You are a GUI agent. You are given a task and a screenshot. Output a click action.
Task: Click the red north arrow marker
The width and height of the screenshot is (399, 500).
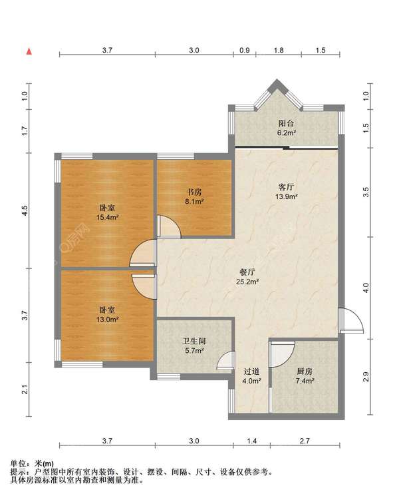point(29,51)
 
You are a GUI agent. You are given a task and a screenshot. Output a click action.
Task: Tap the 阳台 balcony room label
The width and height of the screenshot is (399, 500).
point(286,123)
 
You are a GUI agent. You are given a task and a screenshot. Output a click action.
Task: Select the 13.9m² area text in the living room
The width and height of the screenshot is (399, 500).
point(286,196)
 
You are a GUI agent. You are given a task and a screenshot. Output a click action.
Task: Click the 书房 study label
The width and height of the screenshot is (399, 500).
point(194,192)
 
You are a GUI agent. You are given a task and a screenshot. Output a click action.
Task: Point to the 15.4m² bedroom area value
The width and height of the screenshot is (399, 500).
point(108,218)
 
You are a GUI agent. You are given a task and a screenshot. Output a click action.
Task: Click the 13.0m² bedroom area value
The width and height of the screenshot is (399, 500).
point(108,319)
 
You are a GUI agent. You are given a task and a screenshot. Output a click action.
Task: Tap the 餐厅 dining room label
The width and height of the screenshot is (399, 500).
point(247,272)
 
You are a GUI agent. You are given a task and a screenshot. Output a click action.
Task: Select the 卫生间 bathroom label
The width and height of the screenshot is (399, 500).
point(194,341)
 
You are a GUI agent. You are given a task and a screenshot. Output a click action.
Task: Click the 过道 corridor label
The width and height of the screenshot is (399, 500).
point(251,372)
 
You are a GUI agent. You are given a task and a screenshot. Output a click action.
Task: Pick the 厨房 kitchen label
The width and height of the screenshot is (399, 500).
point(305,372)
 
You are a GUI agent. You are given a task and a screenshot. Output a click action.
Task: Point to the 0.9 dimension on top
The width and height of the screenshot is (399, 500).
point(244,51)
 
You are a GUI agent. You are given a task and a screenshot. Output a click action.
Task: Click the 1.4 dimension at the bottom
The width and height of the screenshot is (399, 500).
point(251,441)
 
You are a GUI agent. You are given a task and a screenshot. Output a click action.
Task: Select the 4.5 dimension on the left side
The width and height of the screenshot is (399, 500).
point(25,210)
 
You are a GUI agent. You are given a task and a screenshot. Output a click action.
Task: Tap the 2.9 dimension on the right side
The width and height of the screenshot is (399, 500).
point(366,377)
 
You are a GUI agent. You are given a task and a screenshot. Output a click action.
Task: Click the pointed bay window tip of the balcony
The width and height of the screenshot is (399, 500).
point(277,79)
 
